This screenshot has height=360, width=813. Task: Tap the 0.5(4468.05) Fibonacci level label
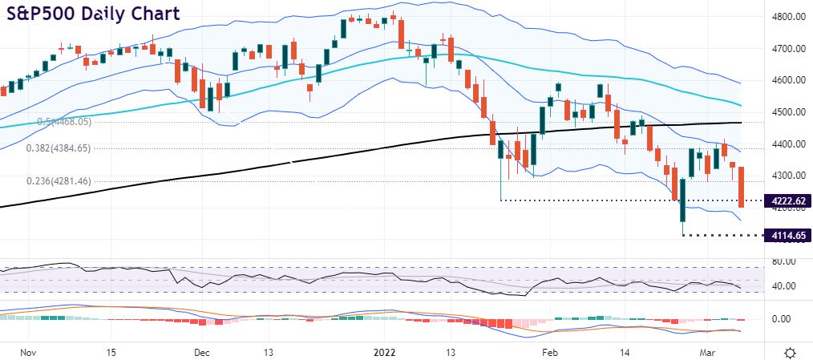(65, 122)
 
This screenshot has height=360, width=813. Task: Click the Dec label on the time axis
(201, 352)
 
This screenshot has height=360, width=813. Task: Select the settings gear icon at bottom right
(790, 352)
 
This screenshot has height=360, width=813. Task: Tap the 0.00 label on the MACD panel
(783, 318)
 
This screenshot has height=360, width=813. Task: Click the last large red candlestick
(742, 187)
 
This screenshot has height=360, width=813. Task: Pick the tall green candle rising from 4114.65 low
(683, 200)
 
